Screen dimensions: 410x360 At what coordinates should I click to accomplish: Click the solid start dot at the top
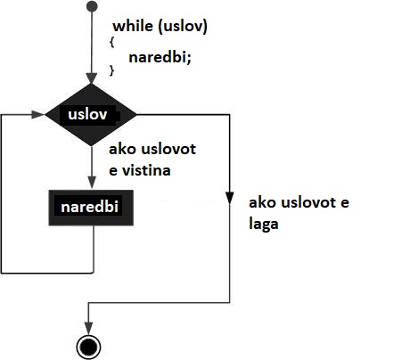point(92,6)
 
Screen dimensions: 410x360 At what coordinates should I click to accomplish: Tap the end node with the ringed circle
point(88,347)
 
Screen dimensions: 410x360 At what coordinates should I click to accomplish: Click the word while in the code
point(133,26)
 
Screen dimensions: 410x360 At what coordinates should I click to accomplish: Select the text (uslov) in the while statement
point(183,27)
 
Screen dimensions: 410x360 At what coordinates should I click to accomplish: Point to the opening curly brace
point(111,42)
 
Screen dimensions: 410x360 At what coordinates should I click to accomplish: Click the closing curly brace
point(111,70)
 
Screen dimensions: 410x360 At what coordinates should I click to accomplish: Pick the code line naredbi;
point(160,56)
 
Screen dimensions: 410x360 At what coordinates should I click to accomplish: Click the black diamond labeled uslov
point(91,115)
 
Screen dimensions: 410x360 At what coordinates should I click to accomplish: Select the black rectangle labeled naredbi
point(91,208)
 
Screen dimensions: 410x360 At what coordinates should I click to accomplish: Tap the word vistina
point(146,170)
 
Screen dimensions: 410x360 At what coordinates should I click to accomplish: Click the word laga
point(264,224)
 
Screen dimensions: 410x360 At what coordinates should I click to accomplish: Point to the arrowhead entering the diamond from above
point(91,78)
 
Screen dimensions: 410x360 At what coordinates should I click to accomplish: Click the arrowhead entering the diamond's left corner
point(38,114)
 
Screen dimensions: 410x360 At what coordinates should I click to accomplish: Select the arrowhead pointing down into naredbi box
point(92,183)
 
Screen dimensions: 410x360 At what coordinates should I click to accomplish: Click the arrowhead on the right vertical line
point(230,199)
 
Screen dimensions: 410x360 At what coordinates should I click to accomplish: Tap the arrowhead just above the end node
point(88,329)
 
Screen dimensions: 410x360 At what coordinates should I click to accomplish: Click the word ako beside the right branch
point(262,202)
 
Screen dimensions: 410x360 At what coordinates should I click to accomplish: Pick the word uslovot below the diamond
point(168,149)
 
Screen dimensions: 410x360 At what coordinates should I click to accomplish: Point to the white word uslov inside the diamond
point(87,114)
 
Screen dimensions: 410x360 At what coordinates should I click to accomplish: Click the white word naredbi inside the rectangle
point(89,207)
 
